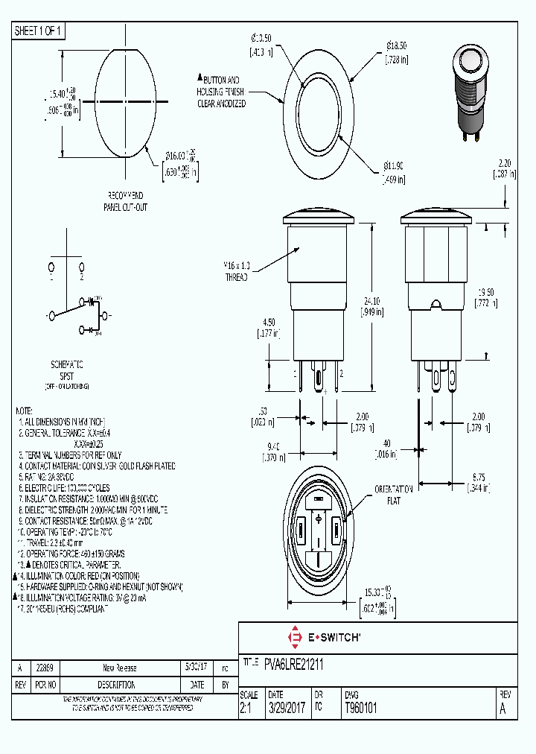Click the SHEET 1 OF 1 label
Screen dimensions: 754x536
39,31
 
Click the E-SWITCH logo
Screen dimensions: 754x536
324,637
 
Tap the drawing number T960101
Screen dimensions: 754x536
360,709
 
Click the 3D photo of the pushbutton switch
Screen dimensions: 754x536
467,93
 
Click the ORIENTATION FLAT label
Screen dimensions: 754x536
393,495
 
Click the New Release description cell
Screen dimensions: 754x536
120,668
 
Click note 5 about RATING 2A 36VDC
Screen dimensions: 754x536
63,477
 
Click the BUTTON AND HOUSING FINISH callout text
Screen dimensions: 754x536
222,92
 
